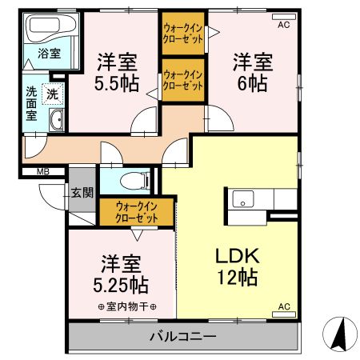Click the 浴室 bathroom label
[x=49, y=54]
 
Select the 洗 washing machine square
[x=52, y=93]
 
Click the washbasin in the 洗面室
[x=58, y=122]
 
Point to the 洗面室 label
[x=31, y=103]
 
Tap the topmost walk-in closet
[x=182, y=34]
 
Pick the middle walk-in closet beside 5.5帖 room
[x=182, y=80]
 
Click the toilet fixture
[x=133, y=179]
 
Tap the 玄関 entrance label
[x=82, y=192]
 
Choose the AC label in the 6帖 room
[x=284, y=25]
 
